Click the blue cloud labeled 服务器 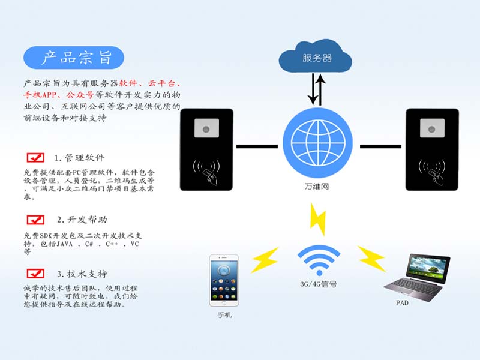point(316,58)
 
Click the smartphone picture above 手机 point(224,280)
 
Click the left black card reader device point(206,149)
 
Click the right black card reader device point(432,149)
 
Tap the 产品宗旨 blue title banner point(74,58)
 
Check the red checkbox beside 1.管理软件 point(36,158)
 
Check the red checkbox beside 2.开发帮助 point(36,220)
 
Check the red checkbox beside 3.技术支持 point(36,274)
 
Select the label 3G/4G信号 point(318,284)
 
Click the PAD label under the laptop point(402,303)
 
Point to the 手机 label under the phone point(224,315)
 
